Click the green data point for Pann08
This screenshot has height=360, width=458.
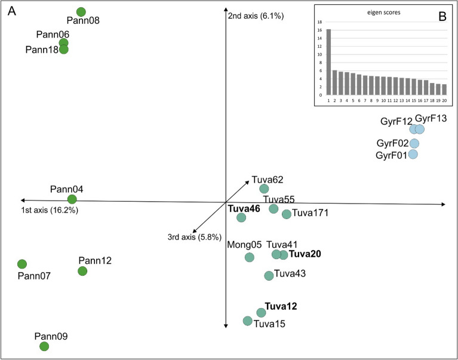(81, 12)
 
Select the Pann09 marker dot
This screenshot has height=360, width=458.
(44, 346)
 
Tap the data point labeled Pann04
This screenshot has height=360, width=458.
(72, 199)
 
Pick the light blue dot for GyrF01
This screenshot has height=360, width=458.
(413, 155)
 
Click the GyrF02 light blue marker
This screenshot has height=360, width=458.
(414, 143)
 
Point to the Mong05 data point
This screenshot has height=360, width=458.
(249, 257)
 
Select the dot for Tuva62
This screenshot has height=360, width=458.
(265, 189)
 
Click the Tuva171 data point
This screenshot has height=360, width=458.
(286, 214)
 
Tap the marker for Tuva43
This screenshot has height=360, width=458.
(269, 275)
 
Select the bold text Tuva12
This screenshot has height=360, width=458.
(281, 307)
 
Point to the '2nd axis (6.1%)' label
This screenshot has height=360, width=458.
(255, 16)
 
